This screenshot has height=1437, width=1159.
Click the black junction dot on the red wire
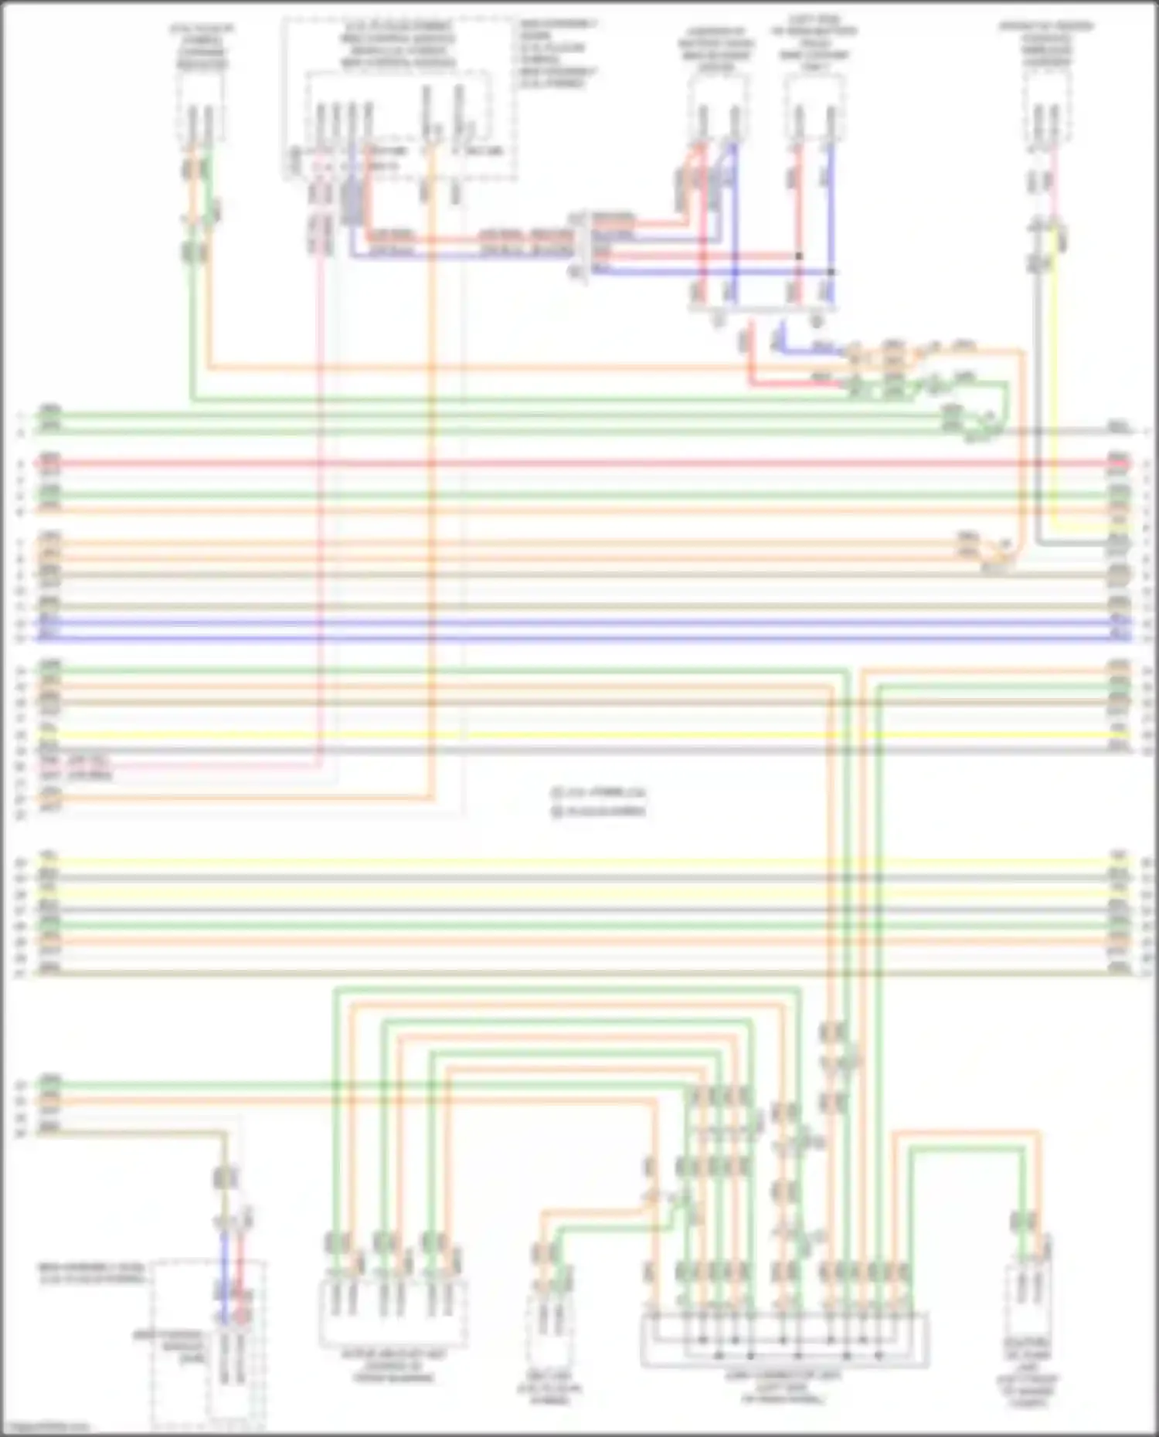799,256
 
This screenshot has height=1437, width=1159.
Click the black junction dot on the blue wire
831,272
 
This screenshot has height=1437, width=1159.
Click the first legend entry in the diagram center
599,792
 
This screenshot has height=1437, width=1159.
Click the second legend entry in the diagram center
599,812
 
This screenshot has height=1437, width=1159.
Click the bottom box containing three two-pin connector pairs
393,1313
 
